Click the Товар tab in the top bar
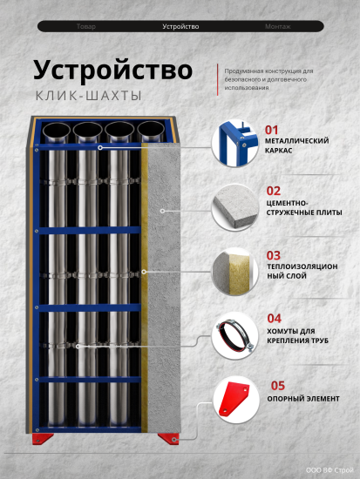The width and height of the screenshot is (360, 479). tap(86, 27)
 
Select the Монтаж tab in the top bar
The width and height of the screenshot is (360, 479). tap(277, 27)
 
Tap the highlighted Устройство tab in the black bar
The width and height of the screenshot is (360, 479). tap(180, 27)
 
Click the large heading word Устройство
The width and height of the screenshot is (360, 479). tap(112, 71)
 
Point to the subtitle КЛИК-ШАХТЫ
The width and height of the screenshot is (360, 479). tap(89, 96)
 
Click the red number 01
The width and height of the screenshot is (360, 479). tap(272, 130)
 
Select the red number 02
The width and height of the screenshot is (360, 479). tap(273, 191)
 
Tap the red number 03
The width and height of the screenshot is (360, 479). tap(273, 255)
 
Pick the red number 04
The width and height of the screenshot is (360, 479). tap(274, 318)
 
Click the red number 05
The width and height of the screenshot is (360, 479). tap(278, 386)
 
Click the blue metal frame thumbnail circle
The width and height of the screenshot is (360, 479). tap(234, 144)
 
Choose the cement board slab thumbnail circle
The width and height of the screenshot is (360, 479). tap(234, 207)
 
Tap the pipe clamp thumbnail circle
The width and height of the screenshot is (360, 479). tap(234, 336)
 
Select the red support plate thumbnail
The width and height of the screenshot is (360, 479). tap(234, 400)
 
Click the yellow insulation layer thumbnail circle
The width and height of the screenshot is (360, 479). tap(234, 272)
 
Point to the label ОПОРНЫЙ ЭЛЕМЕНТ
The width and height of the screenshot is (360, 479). tap(303, 399)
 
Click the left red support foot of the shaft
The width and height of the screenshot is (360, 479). tap(42, 438)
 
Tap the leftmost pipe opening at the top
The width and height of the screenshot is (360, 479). tap(57, 132)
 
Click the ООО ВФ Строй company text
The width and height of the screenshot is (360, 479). tap(329, 470)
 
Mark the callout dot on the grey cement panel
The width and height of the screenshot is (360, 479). tap(163, 211)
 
